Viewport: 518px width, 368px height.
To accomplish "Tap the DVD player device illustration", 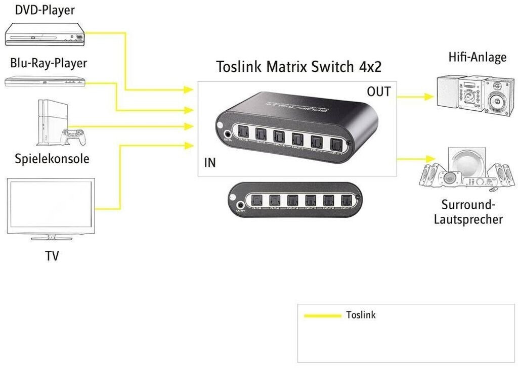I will (x=45, y=35).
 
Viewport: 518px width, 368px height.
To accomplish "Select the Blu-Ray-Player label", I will (x=49, y=63).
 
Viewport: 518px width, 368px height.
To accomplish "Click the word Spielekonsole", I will (x=52, y=159).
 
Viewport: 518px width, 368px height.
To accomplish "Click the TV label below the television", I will (x=52, y=256).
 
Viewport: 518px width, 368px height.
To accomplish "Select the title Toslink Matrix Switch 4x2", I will (x=298, y=67).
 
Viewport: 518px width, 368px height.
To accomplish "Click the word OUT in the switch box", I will (x=378, y=91).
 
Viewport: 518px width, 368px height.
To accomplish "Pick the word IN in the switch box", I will (x=209, y=163).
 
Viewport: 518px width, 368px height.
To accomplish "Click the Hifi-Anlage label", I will (x=477, y=57).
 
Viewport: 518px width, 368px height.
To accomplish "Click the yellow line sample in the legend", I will (x=322, y=316).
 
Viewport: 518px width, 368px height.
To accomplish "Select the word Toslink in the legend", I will (x=361, y=315).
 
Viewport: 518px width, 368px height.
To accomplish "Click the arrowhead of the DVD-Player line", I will (x=190, y=90).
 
